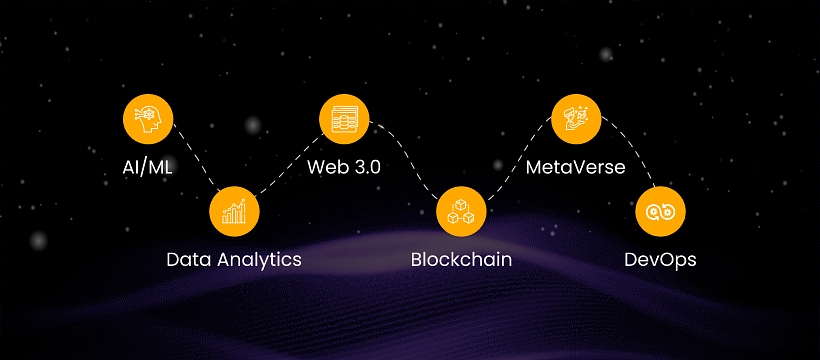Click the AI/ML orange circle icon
coord(148,119)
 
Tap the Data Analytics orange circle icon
coord(234,212)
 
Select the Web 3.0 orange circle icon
coord(344,119)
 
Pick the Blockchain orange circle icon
coord(461,212)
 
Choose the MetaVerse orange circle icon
coord(576,119)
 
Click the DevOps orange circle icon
coord(660,212)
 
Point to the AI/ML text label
coord(147,167)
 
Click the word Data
coord(189,260)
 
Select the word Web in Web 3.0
coord(326,167)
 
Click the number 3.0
coord(366,167)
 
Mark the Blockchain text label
coord(461,260)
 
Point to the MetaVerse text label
coord(575,167)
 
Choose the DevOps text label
coord(660,260)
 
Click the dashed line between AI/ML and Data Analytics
coord(197,157)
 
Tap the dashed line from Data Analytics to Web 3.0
coord(289,165)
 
